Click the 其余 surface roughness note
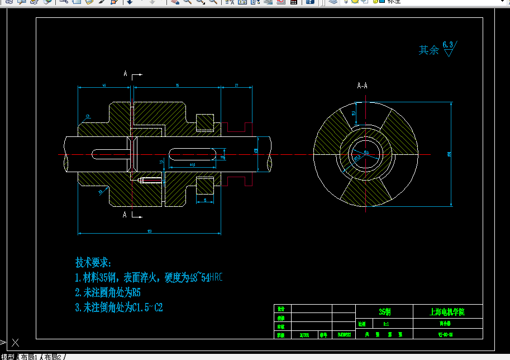click(429, 50)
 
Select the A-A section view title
click(362, 86)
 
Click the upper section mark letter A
click(125, 74)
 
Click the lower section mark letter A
click(125, 215)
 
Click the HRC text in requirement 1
click(216, 277)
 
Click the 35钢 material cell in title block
click(385, 311)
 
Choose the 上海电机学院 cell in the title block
click(447, 311)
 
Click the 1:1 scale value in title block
click(386, 324)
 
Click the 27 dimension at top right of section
click(236, 86)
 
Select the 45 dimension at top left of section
click(104, 86)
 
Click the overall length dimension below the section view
click(149, 230)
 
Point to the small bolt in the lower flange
click(150, 180)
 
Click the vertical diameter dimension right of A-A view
click(450, 154)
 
